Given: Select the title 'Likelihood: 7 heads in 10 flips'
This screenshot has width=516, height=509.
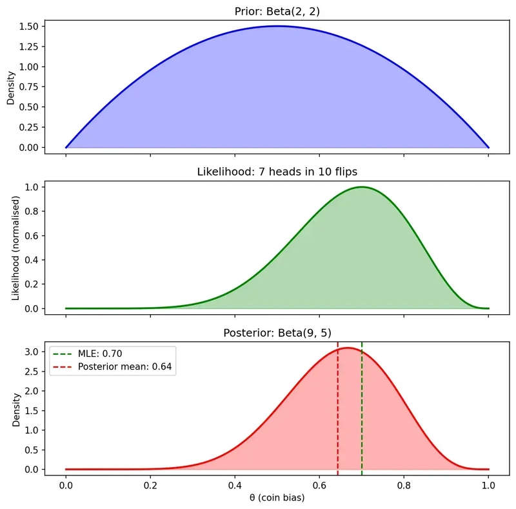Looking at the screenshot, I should pyautogui.click(x=277, y=172).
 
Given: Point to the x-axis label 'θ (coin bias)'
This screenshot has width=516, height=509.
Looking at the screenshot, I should pyautogui.click(x=277, y=498).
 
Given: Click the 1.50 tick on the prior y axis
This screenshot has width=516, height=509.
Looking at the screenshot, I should pyautogui.click(x=31, y=26).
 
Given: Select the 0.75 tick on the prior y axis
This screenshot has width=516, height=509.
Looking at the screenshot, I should pyautogui.click(x=31, y=87).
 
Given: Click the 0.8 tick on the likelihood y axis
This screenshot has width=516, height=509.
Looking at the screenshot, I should pyautogui.click(x=35, y=211).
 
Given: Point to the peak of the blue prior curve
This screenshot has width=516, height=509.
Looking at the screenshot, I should pyautogui.click(x=277, y=26).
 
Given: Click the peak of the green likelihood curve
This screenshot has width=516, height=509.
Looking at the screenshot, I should pyautogui.click(x=362, y=187).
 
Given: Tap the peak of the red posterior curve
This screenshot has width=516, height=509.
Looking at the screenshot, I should pyautogui.click(x=348, y=348).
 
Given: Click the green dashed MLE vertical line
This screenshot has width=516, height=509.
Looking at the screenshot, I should pyautogui.click(x=362, y=419).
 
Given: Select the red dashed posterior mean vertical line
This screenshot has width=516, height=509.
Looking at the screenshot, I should pyautogui.click(x=337, y=419).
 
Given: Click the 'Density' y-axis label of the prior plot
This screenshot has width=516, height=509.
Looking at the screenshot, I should pyautogui.click(x=11, y=87).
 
